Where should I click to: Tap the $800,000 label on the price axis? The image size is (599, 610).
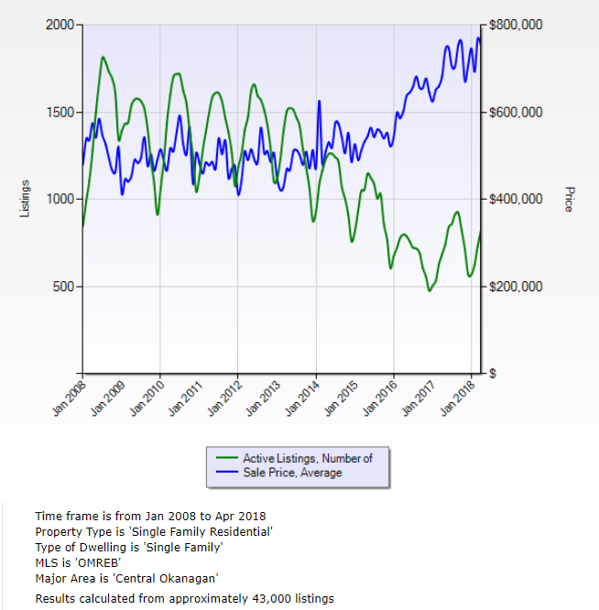[516, 25]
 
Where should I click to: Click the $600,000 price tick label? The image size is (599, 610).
[516, 113]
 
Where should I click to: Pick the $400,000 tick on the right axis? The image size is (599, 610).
[516, 200]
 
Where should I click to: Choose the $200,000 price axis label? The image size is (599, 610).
[516, 287]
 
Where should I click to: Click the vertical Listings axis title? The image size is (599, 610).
[25, 199]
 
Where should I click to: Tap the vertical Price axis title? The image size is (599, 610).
[569, 199]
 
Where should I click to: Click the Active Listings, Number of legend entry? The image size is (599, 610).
[307, 458]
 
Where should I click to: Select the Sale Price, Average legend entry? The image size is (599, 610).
[292, 473]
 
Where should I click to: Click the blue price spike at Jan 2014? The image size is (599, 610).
[319, 101]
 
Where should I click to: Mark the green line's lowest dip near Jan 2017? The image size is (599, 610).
[429, 291]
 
